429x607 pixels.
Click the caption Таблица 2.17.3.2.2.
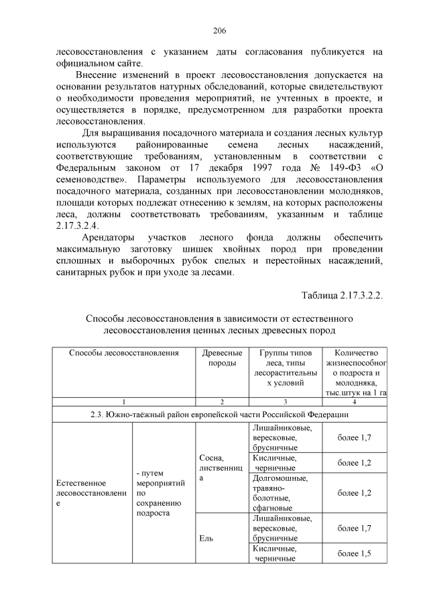coord(342,296)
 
